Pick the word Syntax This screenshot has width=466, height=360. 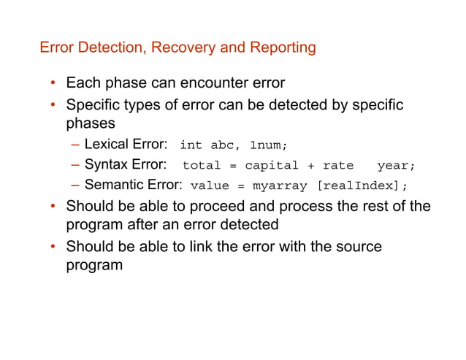(x=107, y=164)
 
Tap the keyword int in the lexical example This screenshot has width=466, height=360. (x=191, y=145)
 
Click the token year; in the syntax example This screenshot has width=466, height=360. (x=396, y=165)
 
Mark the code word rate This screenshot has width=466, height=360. (x=338, y=165)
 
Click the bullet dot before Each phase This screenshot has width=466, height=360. (x=53, y=83)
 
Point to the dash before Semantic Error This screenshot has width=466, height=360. (x=77, y=185)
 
